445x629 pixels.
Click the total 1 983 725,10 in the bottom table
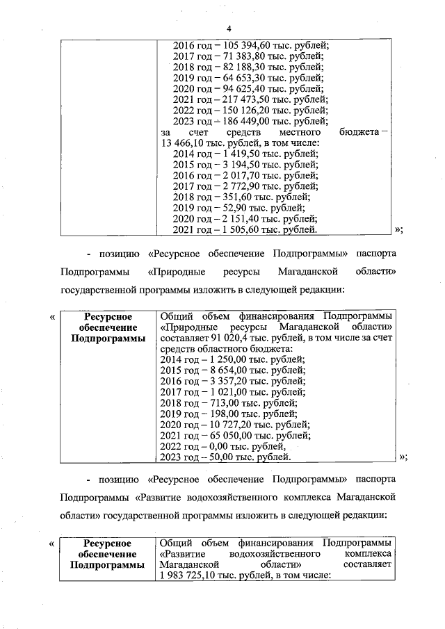coord(188,575)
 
